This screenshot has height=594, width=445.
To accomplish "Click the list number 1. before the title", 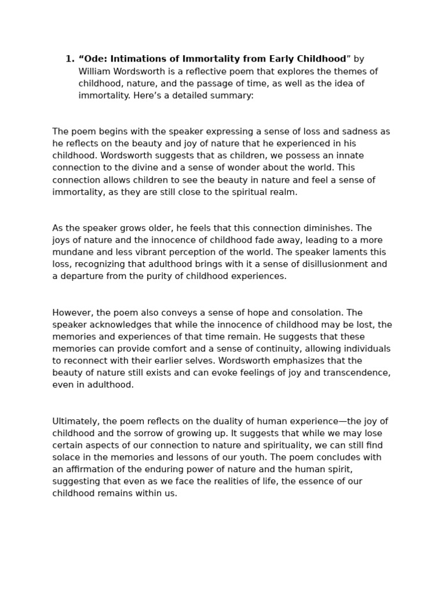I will pyautogui.click(x=70, y=59).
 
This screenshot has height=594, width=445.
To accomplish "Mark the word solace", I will pyautogui.click(x=65, y=457).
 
